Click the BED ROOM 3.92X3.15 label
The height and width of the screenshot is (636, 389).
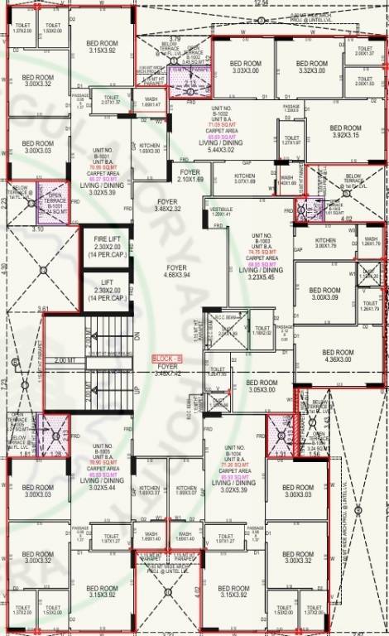[345, 131]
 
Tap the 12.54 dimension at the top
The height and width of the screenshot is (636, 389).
[262, 4]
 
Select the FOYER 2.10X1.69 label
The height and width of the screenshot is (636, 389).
[190, 176]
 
